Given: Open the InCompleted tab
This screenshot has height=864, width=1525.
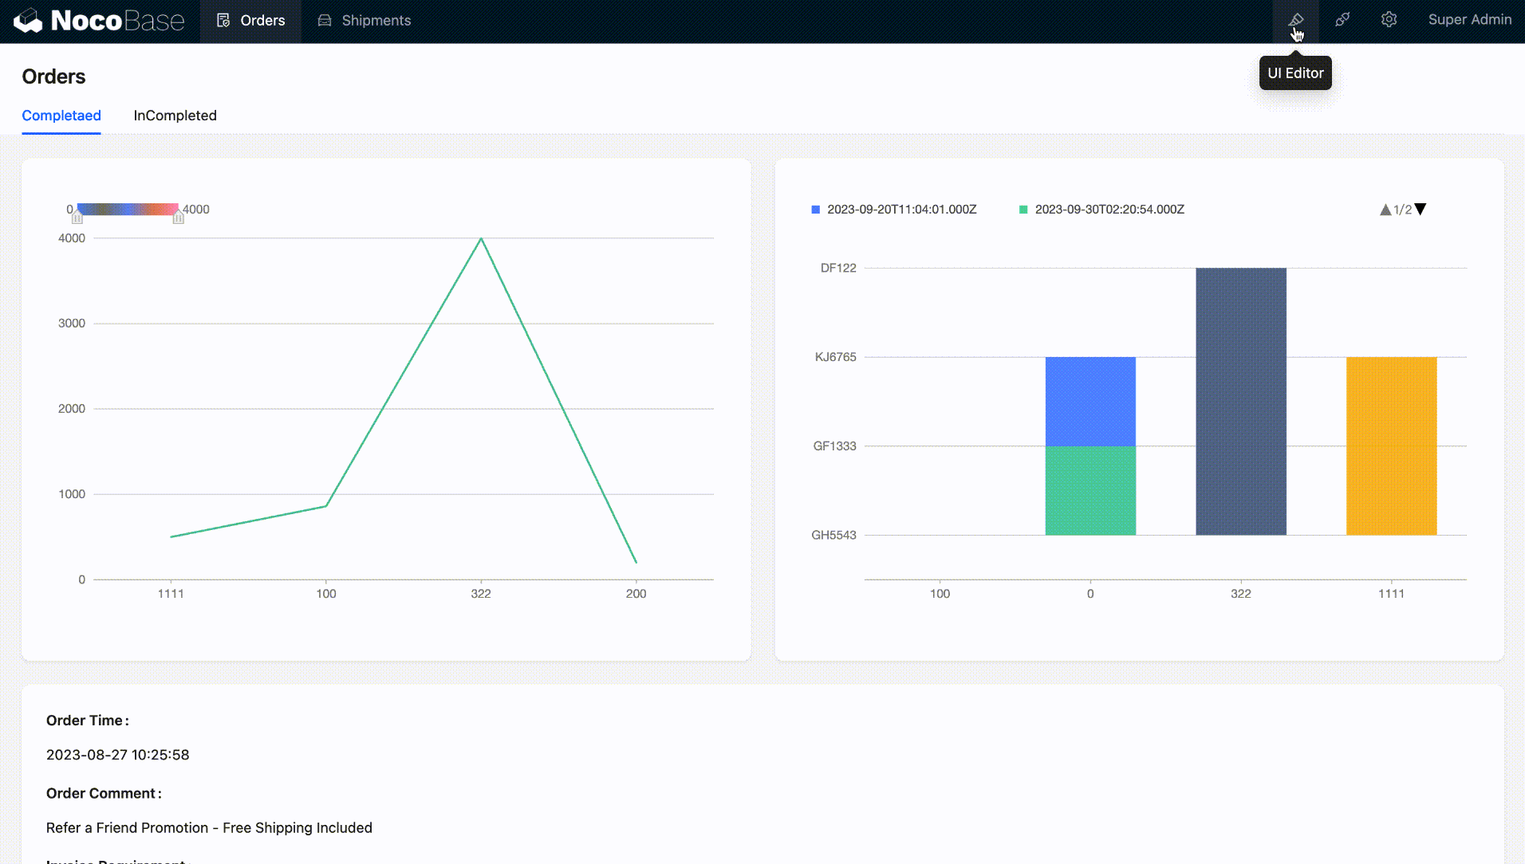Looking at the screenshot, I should (x=175, y=116).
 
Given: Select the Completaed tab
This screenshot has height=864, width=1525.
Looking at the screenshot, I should (x=61, y=116).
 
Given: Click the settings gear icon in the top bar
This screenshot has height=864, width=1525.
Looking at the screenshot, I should (x=1389, y=20).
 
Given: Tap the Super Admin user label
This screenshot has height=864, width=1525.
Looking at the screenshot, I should (x=1469, y=20).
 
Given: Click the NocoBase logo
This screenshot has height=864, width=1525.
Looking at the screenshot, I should (x=99, y=21).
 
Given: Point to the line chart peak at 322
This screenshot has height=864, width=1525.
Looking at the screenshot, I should (x=481, y=239).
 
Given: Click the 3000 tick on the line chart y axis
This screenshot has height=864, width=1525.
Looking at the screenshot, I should (x=72, y=324).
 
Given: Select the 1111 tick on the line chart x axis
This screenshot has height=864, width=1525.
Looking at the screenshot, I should (x=171, y=594).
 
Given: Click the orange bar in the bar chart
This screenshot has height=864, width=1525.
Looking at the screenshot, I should (x=1391, y=446).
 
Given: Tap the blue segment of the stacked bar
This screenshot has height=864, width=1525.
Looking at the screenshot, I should (x=1090, y=401).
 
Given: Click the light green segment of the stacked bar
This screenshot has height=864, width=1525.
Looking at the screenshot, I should (x=1090, y=490).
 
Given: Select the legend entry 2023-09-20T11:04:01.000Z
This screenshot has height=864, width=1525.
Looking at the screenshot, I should (x=901, y=210).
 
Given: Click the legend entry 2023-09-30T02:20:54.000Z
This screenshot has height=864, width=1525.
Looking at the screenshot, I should (x=1109, y=210).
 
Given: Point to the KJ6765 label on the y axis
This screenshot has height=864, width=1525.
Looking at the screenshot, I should (x=835, y=357).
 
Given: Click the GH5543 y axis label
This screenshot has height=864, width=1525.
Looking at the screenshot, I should (x=833, y=535).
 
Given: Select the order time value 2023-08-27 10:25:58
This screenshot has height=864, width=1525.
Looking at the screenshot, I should (x=118, y=755).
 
